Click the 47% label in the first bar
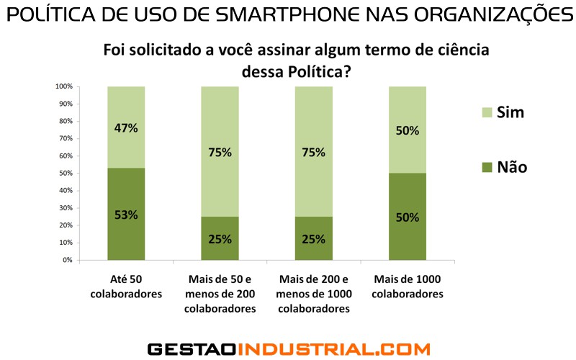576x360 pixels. click(126, 128)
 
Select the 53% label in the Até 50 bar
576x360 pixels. click(126, 215)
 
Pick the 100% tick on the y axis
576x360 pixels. click(63, 86)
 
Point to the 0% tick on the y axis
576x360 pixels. click(66, 260)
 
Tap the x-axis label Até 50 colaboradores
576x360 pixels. click(126, 286)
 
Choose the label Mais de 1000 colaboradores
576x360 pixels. click(407, 286)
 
